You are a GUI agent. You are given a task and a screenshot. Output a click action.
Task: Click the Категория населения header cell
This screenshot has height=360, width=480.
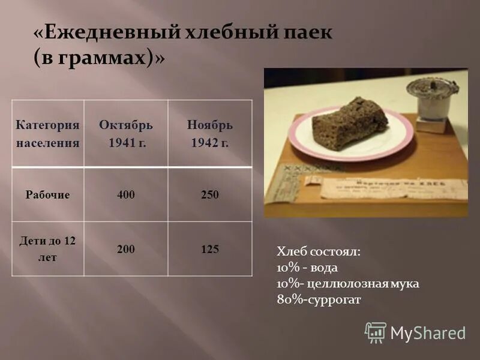(x=47, y=134)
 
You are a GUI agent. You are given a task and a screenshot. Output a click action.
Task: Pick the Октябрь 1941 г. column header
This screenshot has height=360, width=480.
(x=126, y=134)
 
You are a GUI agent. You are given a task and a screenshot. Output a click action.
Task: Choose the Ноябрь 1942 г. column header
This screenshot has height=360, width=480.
(x=209, y=134)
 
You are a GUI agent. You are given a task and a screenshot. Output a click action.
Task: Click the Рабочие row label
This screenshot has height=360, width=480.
(x=47, y=195)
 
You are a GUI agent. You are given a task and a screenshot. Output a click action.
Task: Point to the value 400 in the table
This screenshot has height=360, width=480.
(x=126, y=195)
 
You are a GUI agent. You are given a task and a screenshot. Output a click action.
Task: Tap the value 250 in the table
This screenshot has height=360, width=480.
(x=210, y=195)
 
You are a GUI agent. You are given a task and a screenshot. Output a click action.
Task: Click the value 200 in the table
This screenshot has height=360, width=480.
(x=126, y=249)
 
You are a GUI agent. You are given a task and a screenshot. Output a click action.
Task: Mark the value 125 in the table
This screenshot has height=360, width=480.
(x=210, y=249)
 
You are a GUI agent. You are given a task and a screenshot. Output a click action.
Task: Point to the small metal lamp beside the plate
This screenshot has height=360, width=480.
(x=431, y=102)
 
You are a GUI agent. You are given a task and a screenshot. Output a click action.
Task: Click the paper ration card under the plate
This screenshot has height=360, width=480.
(x=384, y=187)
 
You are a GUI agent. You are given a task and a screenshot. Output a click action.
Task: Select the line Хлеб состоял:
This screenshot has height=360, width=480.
(x=318, y=252)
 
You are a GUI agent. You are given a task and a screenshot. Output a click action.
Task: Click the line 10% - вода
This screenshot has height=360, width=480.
(x=307, y=268)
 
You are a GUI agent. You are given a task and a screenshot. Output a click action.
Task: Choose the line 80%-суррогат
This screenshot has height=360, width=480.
(x=319, y=299)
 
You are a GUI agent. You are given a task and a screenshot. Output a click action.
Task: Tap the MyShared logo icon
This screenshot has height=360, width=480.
(x=376, y=332)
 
